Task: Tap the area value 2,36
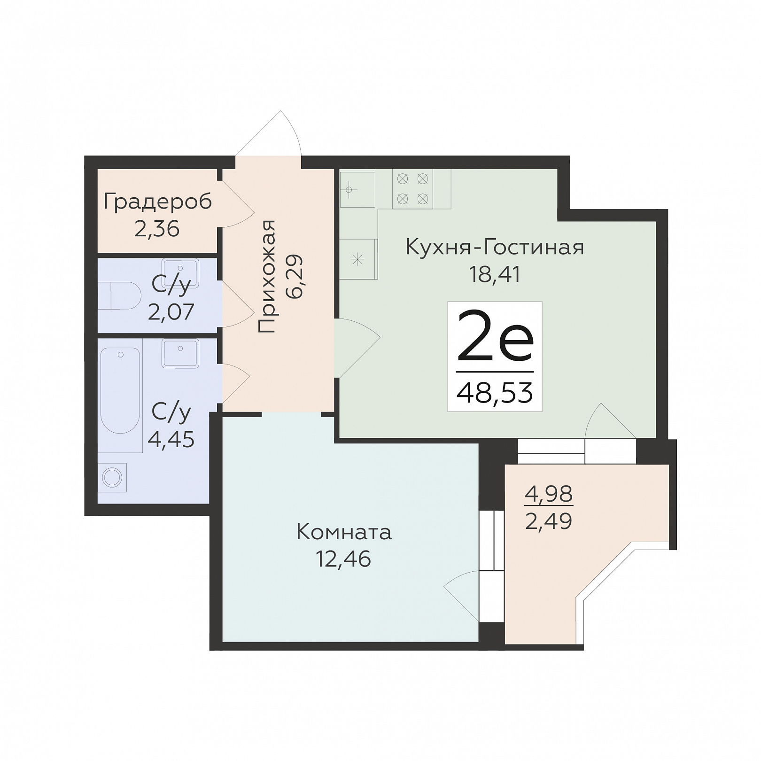[157, 229]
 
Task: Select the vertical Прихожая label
[267, 277]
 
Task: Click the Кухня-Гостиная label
[495, 247]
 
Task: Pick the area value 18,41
[495, 274]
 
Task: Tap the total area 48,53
[495, 393]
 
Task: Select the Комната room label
[344, 533]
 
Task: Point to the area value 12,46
[343, 559]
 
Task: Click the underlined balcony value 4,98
[549, 494]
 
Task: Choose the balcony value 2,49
[549, 521]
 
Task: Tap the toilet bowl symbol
[120, 295]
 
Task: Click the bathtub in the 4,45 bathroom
[120, 390]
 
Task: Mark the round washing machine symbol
[112, 478]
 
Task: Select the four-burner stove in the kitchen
[412, 189]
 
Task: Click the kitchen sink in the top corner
[357, 189]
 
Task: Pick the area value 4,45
[171, 440]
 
